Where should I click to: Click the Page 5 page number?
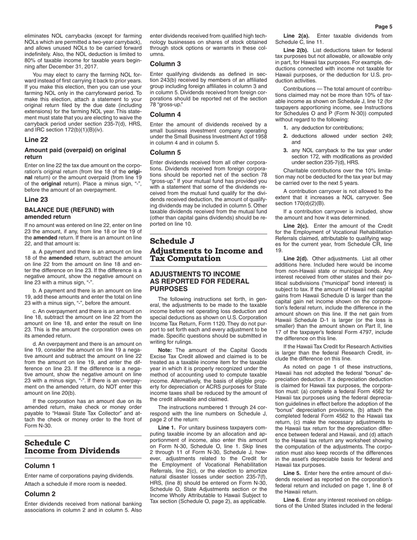pyautogui.click(x=384, y=26)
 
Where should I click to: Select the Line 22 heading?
pyautogui.click(x=36, y=140)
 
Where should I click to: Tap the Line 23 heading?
pyautogui.click(x=36, y=199)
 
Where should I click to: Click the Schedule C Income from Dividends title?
pyautogui.click(x=72, y=446)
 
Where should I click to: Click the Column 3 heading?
pyautogui.click(x=165, y=64)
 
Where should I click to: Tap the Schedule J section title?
pyautogui.click(x=206, y=249)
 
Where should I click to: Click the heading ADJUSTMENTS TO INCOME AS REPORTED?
pyautogui.click(x=199, y=281)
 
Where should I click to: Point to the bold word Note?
pyautogui.click(x=165, y=350)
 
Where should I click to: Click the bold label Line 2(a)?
pyautogui.click(x=296, y=36)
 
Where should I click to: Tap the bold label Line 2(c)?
pyautogui.click(x=296, y=226)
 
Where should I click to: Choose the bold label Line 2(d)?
pyautogui.click(x=296, y=259)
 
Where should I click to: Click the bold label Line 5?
pyautogui.click(x=292, y=473)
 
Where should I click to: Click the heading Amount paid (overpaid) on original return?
pyautogui.click(x=75, y=153)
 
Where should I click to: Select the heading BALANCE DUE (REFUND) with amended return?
pyautogui.click(x=69, y=213)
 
